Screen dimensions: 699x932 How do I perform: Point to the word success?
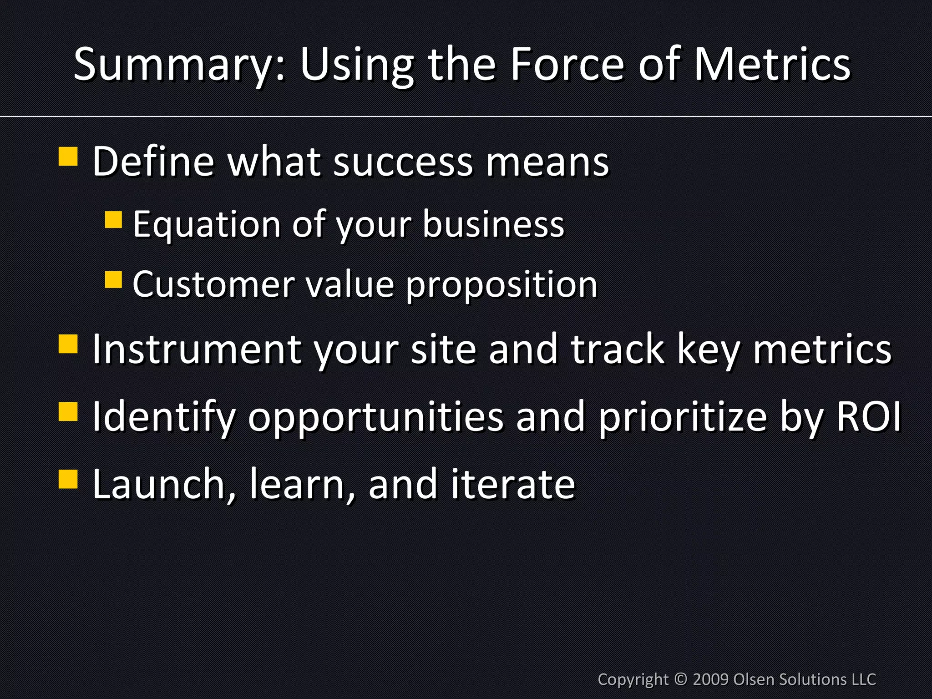point(403,162)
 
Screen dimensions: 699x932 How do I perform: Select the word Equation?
point(207,224)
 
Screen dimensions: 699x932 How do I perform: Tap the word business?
point(493,224)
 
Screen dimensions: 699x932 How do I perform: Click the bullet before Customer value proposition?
point(113,280)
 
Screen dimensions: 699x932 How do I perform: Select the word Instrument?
point(197,349)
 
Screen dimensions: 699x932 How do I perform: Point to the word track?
point(618,349)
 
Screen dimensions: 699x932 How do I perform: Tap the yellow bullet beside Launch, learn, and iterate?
point(68,479)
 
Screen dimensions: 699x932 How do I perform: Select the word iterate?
point(513,484)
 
